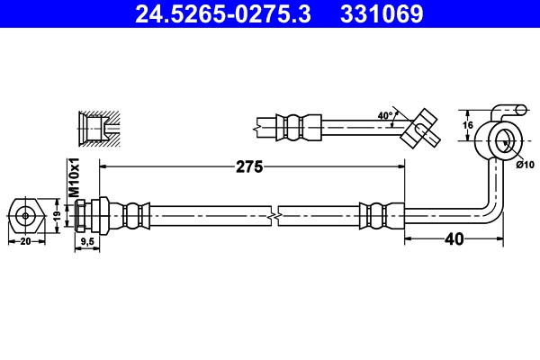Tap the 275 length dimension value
249,166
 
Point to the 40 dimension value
455,239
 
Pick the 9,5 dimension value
86,242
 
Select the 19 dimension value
55,216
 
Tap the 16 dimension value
467,127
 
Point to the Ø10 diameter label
525,164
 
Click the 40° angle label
385,116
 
